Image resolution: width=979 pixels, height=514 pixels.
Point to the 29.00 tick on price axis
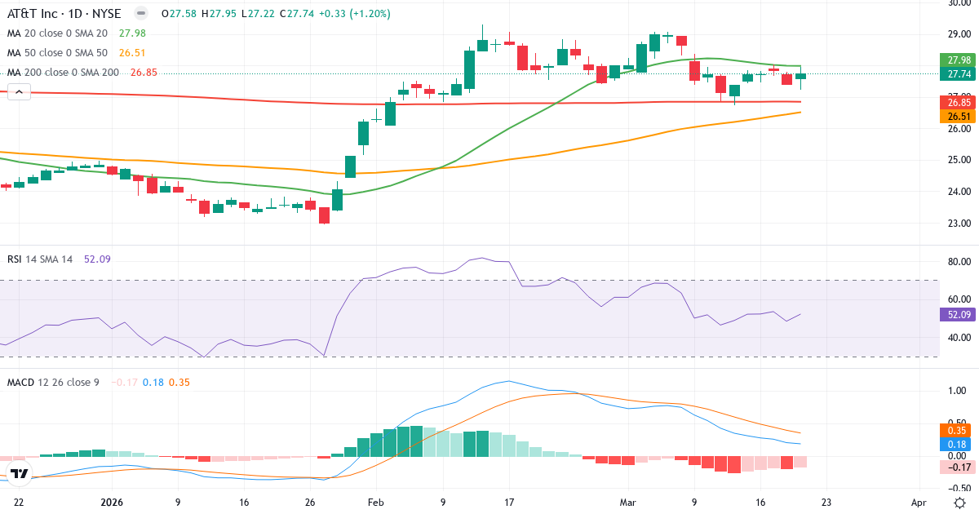tap(953, 33)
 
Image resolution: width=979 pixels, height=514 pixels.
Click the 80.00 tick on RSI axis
tap(953, 262)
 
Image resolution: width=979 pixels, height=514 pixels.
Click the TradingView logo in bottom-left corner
tap(20, 473)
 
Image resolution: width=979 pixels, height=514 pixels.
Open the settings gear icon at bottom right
tap(959, 503)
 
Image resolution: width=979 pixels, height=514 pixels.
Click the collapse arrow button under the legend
tap(19, 92)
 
